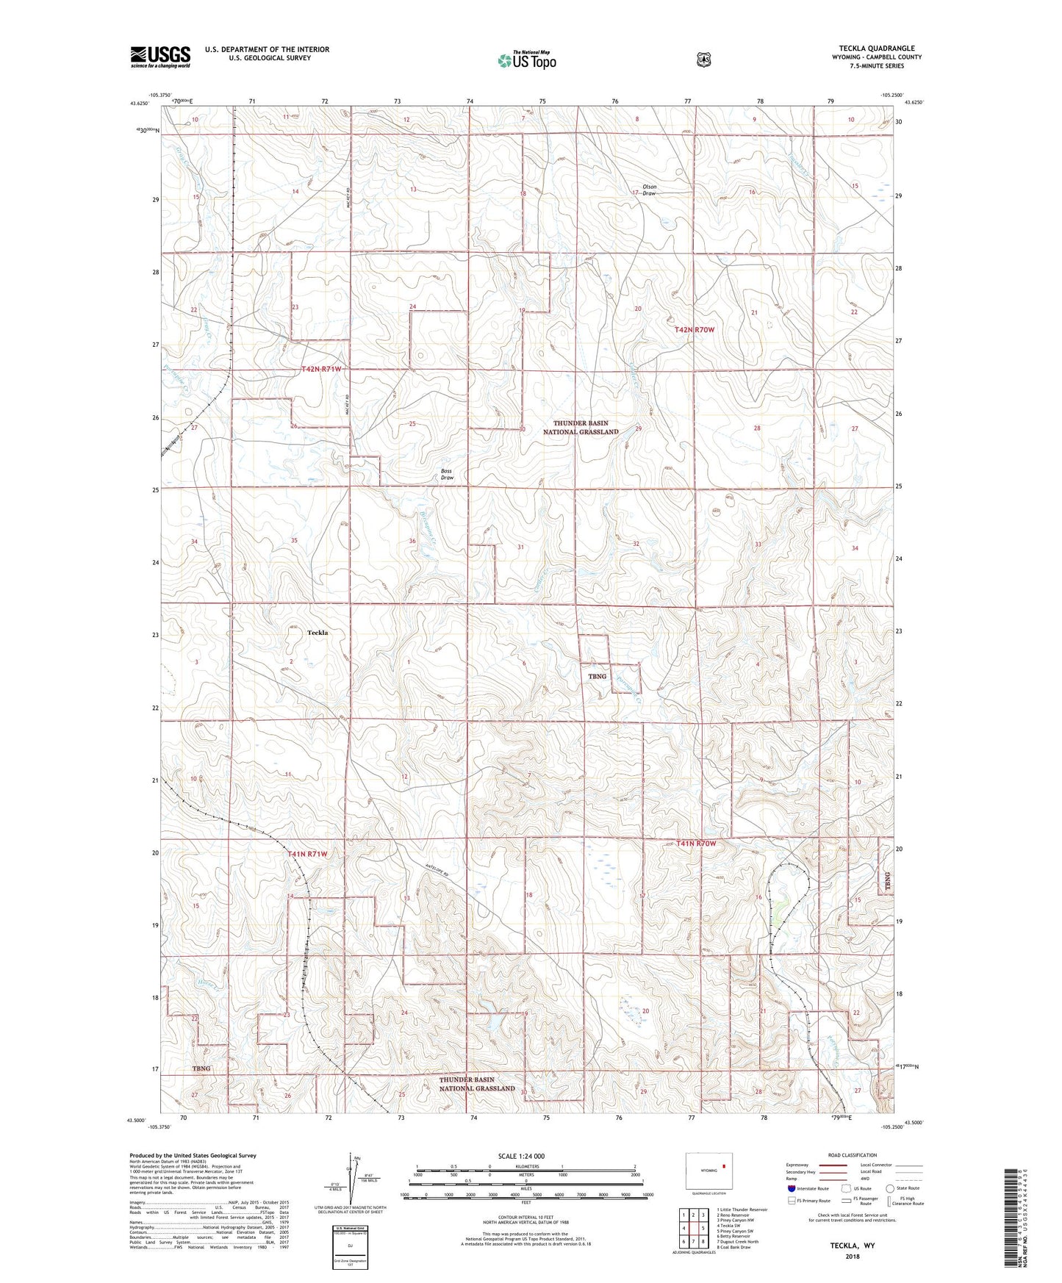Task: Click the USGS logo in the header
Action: (x=160, y=57)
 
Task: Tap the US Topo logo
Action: (x=525, y=60)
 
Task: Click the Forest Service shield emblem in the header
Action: (x=703, y=59)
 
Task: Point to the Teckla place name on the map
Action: (x=317, y=632)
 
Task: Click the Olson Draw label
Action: (x=649, y=190)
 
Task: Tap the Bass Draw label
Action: (x=447, y=474)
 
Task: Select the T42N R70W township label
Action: (x=694, y=330)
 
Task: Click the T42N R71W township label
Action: (x=321, y=368)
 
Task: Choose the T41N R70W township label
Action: (x=695, y=844)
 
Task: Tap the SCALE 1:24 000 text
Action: (x=521, y=1156)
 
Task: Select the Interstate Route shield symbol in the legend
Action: (x=791, y=1188)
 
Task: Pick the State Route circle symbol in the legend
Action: (x=890, y=1188)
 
